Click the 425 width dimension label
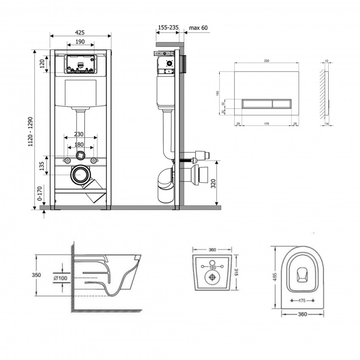(x=80, y=32)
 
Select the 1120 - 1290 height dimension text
(x=30, y=132)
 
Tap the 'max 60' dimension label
(x=198, y=28)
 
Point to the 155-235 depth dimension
(x=168, y=28)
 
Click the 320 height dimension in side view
(x=213, y=184)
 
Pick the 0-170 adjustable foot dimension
(x=40, y=194)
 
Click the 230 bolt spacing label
(x=78, y=134)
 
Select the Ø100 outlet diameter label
(x=61, y=278)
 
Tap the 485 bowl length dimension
(x=275, y=277)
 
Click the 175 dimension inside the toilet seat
(x=302, y=300)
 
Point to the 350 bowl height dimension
(x=36, y=275)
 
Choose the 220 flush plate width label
(x=266, y=61)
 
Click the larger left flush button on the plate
(x=257, y=104)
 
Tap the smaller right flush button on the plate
(x=282, y=104)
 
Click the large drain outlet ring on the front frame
(x=80, y=175)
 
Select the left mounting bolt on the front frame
(x=67, y=161)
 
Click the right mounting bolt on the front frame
(x=94, y=161)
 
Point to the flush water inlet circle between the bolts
(x=80, y=156)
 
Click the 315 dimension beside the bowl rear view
(x=235, y=272)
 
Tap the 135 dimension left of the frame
(x=42, y=166)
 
